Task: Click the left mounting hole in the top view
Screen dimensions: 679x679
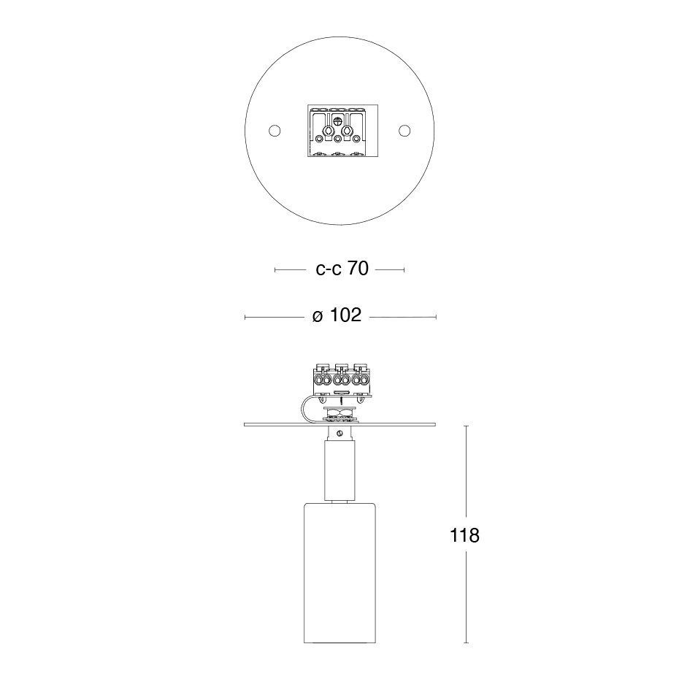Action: click(275, 131)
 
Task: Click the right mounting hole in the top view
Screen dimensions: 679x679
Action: click(404, 131)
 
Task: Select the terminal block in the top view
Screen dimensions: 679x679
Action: click(342, 131)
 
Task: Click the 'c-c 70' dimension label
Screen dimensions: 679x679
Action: click(342, 269)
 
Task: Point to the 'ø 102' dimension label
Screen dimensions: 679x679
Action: click(337, 315)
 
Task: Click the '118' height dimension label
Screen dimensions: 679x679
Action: click(464, 536)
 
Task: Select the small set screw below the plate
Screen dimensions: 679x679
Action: click(340, 433)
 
